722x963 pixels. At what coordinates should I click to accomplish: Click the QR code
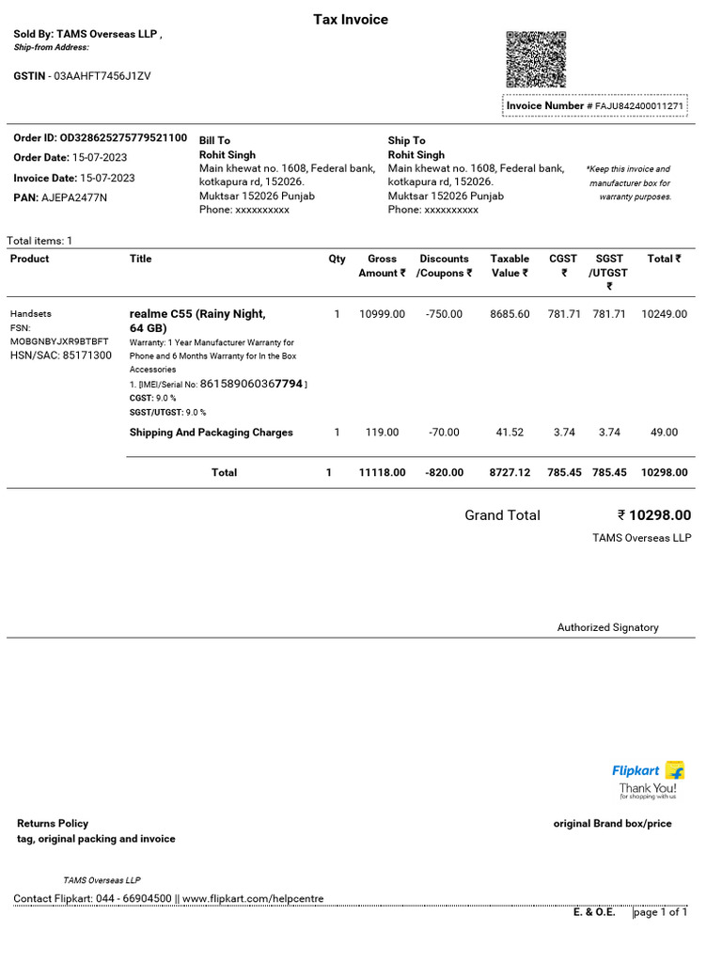(x=536, y=59)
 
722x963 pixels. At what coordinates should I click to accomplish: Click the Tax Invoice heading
(x=350, y=20)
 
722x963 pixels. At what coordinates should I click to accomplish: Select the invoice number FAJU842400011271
(x=638, y=106)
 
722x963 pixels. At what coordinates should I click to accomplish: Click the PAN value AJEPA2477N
(x=74, y=197)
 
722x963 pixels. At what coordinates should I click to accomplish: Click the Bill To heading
(x=214, y=140)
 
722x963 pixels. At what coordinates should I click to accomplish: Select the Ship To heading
(x=406, y=140)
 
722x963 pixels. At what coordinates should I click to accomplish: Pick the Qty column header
(x=337, y=259)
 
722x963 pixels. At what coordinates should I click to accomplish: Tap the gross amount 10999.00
(x=382, y=314)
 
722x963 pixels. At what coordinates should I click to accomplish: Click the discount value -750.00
(x=444, y=314)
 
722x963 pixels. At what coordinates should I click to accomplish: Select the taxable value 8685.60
(x=510, y=314)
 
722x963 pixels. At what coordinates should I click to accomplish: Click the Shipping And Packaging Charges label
(x=211, y=433)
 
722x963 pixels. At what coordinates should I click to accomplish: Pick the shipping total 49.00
(x=664, y=433)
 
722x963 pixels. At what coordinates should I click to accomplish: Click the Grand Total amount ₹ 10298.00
(x=654, y=515)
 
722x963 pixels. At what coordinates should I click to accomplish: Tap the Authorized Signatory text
(x=607, y=627)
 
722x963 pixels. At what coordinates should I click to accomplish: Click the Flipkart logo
(x=648, y=771)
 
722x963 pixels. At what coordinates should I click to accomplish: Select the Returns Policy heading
(x=53, y=823)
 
